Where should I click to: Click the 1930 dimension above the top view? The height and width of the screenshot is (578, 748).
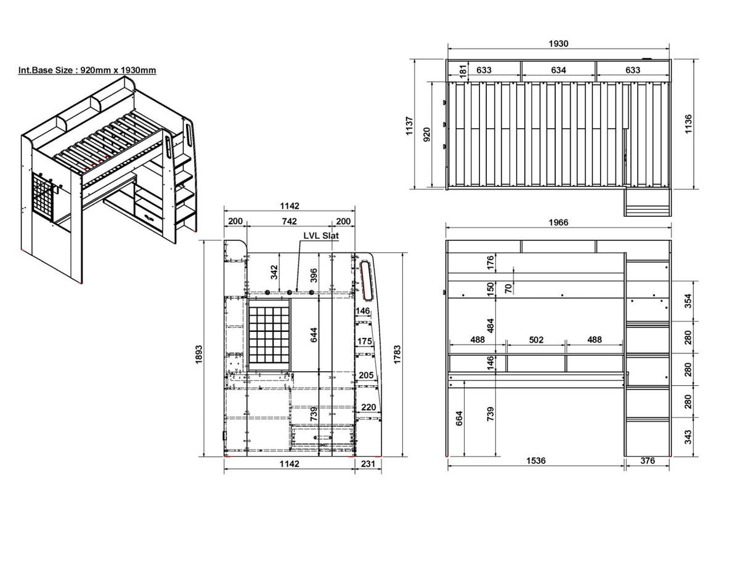pyautogui.click(x=558, y=44)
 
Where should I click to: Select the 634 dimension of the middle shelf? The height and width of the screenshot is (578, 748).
pyautogui.click(x=558, y=70)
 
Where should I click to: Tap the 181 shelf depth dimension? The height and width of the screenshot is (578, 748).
pyautogui.click(x=464, y=70)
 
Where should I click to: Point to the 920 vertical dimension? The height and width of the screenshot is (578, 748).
pyautogui.click(x=426, y=134)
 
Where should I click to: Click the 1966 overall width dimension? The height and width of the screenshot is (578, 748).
pyautogui.click(x=558, y=222)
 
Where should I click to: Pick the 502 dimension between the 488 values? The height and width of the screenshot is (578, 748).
pyautogui.click(x=536, y=340)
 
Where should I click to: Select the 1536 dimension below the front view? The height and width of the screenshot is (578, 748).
pyautogui.click(x=536, y=460)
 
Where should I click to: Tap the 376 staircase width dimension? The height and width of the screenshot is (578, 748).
pyautogui.click(x=648, y=460)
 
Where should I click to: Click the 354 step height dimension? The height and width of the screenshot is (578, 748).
pyautogui.click(x=688, y=301)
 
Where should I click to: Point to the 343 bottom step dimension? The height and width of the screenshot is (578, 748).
pyautogui.click(x=688, y=437)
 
